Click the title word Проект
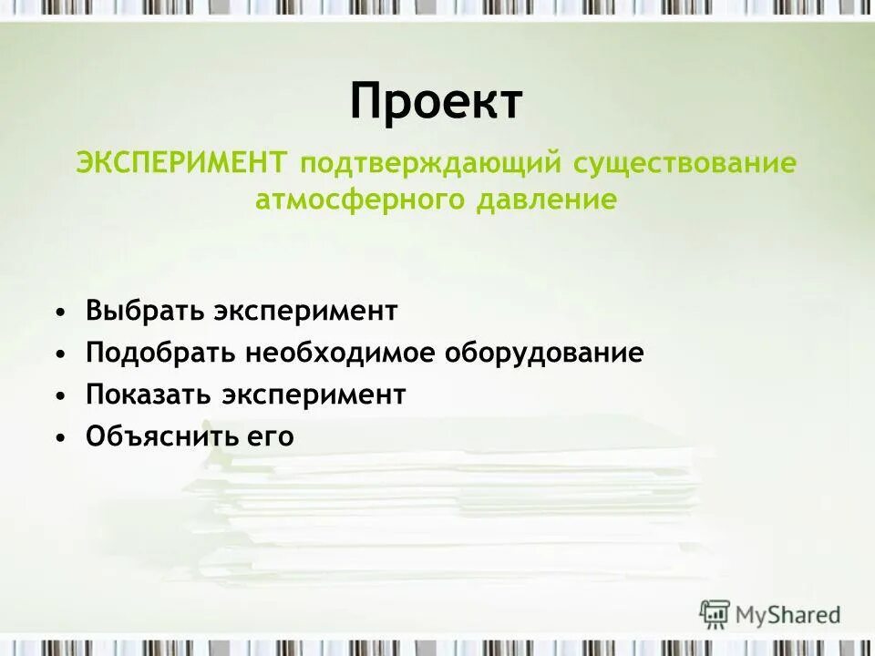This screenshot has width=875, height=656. (437, 101)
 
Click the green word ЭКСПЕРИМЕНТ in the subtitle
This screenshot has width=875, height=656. (181, 164)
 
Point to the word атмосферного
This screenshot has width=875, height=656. (360, 200)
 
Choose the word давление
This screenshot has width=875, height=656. (546, 200)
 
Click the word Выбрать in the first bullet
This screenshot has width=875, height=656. (146, 311)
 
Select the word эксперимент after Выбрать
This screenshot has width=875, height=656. (306, 312)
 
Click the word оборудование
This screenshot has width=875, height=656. (544, 354)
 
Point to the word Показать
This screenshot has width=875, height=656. (149, 395)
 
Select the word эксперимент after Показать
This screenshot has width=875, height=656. (314, 395)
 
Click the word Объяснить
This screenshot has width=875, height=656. (162, 437)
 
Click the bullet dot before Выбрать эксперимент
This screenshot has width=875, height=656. (60, 313)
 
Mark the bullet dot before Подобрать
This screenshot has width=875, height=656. (60, 354)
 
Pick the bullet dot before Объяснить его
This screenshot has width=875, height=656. (60, 438)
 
